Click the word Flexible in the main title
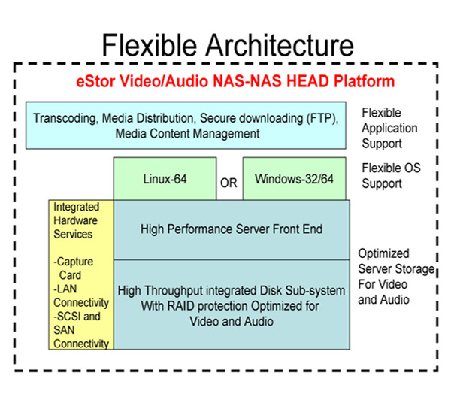(150, 45)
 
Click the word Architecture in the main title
(280, 45)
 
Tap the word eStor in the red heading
(95, 81)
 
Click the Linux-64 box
(165, 178)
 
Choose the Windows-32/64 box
(294, 178)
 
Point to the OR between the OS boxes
(229, 183)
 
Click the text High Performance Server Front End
(232, 229)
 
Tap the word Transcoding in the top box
(65, 119)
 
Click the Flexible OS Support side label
(391, 176)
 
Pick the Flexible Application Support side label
(389, 128)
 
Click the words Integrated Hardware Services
(76, 220)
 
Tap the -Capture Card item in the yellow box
(74, 268)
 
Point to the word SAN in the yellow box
(64, 330)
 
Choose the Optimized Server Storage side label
(396, 277)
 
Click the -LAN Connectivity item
(81, 295)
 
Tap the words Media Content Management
(187, 134)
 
